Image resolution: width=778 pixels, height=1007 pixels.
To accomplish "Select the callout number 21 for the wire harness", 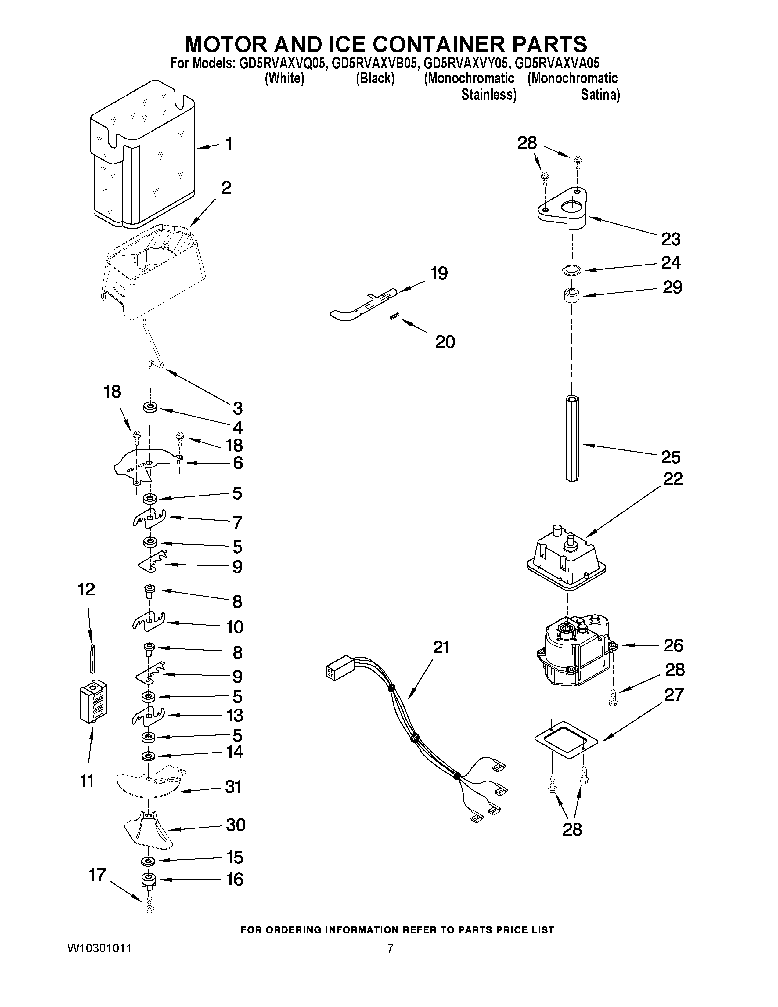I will point(441,648).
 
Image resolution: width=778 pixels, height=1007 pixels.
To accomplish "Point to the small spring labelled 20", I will point(394,316).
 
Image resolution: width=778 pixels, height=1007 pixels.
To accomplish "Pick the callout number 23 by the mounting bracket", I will point(671,239).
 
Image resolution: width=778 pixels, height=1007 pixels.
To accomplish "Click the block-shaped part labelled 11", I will point(93,702).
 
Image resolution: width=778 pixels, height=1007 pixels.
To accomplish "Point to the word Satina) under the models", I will point(600,95).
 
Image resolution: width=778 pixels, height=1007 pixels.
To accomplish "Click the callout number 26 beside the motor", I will point(673,645).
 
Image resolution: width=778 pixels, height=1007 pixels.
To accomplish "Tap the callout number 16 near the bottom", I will point(235,879).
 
